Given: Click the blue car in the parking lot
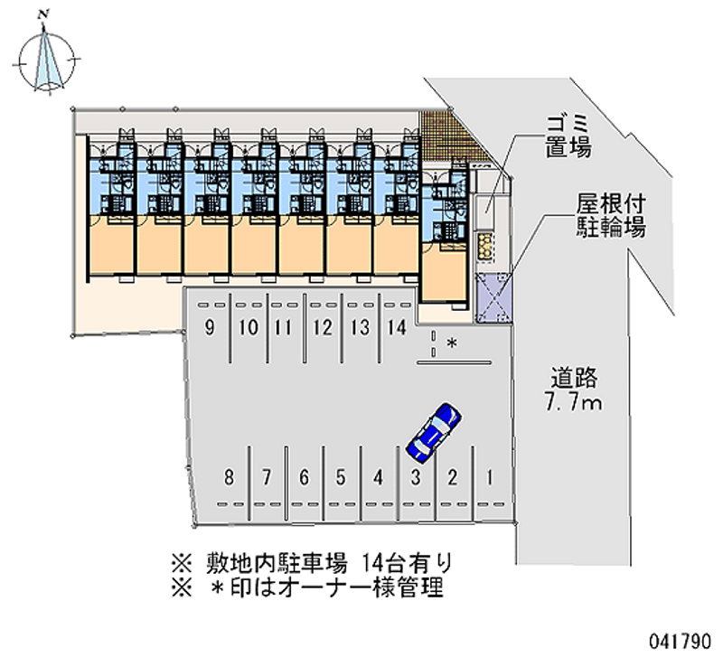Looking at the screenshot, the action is tap(434, 432).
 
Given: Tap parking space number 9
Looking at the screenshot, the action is tap(210, 328).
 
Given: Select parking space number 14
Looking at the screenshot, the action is tap(397, 328).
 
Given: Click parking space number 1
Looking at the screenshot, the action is tap(490, 477).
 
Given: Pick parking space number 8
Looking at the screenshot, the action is tap(230, 477).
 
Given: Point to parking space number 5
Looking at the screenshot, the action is tap(341, 477).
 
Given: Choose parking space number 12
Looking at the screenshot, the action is tap(323, 328).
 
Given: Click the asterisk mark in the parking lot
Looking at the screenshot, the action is tap(453, 343).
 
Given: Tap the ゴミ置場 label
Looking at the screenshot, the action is tap(568, 136).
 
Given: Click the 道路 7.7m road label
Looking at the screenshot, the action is tap(574, 390).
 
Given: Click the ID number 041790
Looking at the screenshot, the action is tap(681, 642).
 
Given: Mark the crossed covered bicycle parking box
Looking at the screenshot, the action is tap(493, 296).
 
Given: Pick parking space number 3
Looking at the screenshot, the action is tap(416, 477).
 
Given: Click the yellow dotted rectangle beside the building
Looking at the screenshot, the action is tap(485, 248).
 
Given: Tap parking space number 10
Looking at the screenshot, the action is tap(249, 328).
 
